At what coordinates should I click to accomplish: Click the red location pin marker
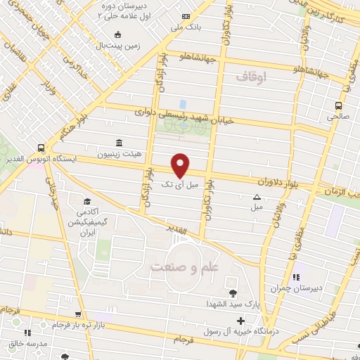[x=181, y=165]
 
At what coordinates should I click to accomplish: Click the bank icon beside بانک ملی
[x=186, y=16]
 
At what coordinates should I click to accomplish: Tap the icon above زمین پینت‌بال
[x=117, y=34]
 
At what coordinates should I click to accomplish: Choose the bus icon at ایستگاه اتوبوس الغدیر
[x=41, y=148]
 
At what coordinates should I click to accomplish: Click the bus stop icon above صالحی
[x=339, y=106]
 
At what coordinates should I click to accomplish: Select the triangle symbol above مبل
[x=257, y=198]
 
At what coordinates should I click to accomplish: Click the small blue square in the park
[x=183, y=105]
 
